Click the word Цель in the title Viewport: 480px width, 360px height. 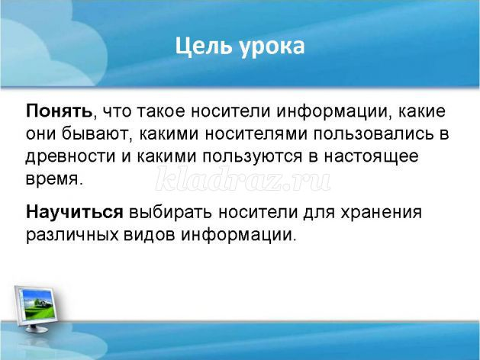pyautogui.click(x=203, y=47)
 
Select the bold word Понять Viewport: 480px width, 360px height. pyautogui.click(x=59, y=111)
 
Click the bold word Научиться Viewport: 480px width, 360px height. pyautogui.click(x=74, y=212)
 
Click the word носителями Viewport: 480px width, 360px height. pyautogui.click(x=256, y=134)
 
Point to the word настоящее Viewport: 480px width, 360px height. pyautogui.click(x=372, y=156)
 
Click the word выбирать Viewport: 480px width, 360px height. pyautogui.click(x=170, y=212)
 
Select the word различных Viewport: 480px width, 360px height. pyautogui.click(x=72, y=235)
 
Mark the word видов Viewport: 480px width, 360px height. pyautogui.click(x=150, y=235)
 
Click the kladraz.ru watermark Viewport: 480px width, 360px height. pyautogui.click(x=243, y=178)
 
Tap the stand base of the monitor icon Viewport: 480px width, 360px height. pyautogui.click(x=37, y=329)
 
